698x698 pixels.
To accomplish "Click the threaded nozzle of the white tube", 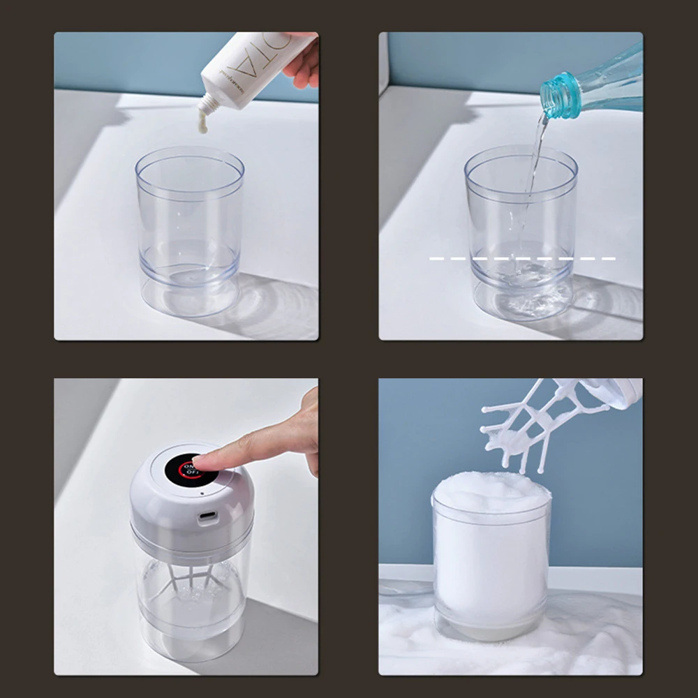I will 207,105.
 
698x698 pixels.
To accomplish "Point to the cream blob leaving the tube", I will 203,124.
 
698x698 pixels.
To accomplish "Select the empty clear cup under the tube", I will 189,230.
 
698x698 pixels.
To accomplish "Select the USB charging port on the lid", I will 207,518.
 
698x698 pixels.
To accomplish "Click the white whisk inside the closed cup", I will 191,579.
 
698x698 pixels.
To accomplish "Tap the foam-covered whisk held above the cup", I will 530,422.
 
